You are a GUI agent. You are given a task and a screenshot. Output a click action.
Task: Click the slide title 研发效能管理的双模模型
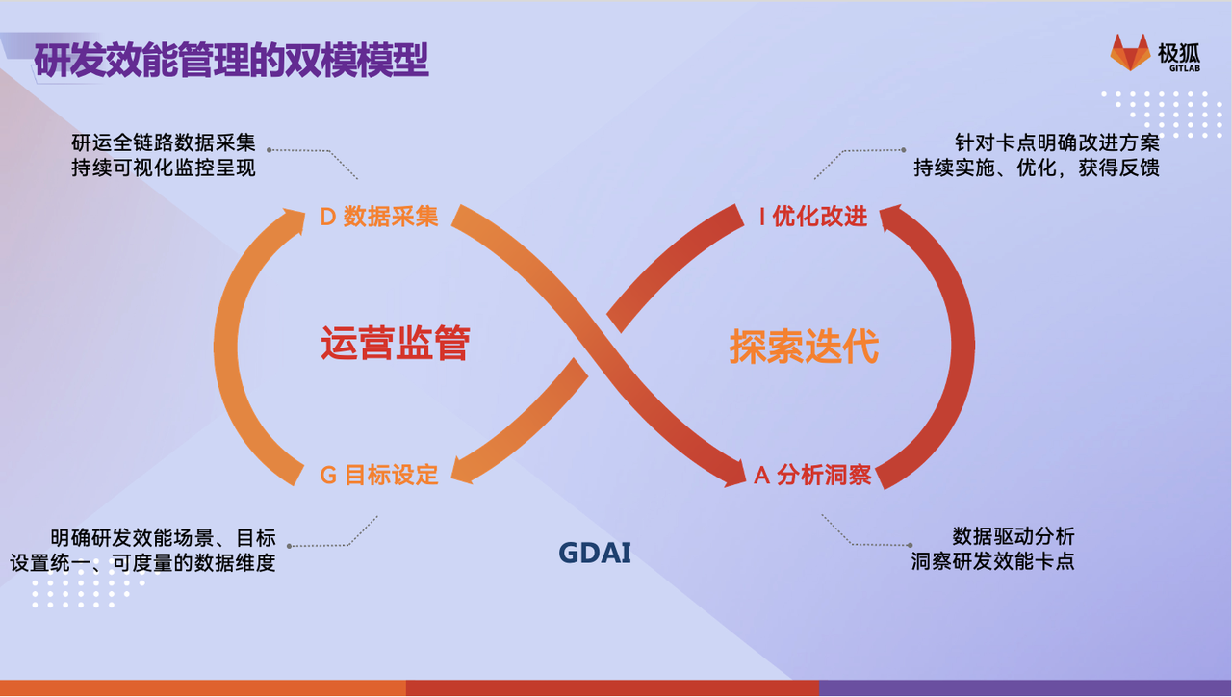point(231,60)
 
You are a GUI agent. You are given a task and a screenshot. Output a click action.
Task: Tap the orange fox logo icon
point(1130,52)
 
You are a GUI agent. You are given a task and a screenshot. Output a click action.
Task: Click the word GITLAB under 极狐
point(1185,68)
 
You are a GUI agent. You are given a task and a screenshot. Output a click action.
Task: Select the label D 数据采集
point(379,217)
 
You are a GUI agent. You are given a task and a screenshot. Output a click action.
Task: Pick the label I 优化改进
point(813,217)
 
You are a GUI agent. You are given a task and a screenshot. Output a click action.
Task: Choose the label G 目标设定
point(379,475)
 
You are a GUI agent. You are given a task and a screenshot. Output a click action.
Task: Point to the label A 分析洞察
point(813,475)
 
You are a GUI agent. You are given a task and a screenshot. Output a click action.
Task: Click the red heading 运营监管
point(396,343)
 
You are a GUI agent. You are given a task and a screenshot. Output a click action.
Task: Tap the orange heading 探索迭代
point(804,347)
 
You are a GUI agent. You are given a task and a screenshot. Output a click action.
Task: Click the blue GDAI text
point(595,553)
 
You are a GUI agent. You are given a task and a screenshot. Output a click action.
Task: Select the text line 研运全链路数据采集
point(164,143)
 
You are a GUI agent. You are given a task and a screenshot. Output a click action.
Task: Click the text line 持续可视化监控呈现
point(164,168)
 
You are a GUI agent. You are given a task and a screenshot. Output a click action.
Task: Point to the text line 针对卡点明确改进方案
point(1057,143)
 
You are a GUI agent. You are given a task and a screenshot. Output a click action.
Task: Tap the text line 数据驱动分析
point(1014,536)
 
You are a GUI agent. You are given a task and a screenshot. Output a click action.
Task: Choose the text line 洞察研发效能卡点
point(992,561)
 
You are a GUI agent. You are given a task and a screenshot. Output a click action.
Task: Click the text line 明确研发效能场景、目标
point(164,537)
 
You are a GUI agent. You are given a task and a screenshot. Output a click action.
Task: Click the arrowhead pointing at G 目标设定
point(462,471)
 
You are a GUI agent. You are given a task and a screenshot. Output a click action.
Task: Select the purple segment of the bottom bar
point(1025,687)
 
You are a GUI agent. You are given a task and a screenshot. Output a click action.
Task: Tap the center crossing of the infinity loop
point(598,346)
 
